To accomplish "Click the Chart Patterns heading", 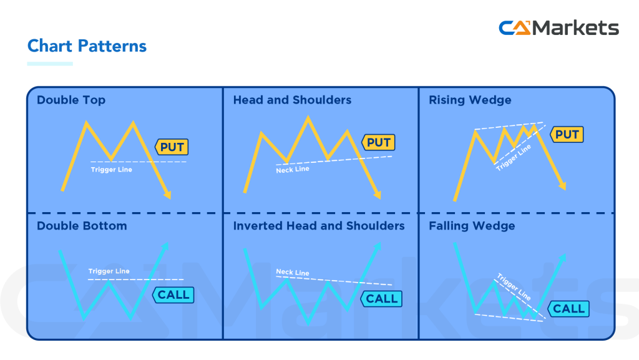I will [x=87, y=46].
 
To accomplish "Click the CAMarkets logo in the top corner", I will [x=559, y=28].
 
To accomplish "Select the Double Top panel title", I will [x=71, y=100].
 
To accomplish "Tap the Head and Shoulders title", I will [x=292, y=100].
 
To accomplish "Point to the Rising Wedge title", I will [x=470, y=100].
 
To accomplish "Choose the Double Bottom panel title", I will [x=82, y=226].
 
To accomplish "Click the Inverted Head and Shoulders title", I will [x=319, y=226].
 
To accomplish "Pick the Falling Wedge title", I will [x=472, y=226].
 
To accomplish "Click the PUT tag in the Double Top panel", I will [x=172, y=147].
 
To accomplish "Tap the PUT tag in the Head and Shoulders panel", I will [x=378, y=142].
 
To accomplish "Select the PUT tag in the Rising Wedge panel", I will [x=567, y=134].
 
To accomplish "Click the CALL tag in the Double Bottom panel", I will [x=173, y=294].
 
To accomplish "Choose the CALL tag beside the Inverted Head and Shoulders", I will [x=381, y=299].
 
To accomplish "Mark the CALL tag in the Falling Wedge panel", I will [x=568, y=308].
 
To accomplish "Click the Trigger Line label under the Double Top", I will [x=112, y=170].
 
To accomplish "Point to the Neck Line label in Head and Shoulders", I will [x=293, y=170].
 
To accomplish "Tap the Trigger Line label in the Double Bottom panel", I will [x=109, y=271].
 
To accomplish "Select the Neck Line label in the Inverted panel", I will [x=293, y=273].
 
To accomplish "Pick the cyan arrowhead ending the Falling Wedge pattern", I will [x=564, y=258].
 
